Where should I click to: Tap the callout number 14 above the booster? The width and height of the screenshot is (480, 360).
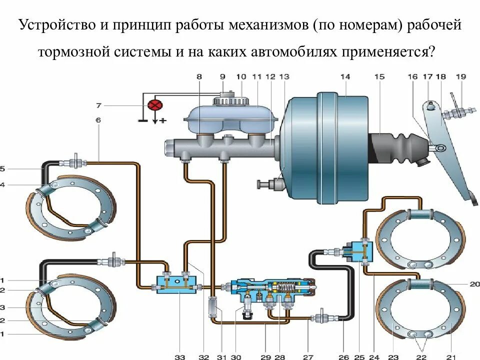pyautogui.click(x=345, y=76)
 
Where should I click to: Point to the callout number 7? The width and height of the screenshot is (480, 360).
pyautogui.click(x=98, y=105)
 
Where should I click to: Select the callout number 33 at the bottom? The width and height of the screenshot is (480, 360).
pyautogui.click(x=179, y=357)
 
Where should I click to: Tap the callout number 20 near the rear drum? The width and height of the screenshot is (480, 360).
pyautogui.click(x=474, y=283)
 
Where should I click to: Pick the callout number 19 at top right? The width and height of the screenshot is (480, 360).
pyautogui.click(x=460, y=76)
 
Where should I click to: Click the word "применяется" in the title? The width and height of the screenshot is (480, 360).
pyautogui.click(x=387, y=51)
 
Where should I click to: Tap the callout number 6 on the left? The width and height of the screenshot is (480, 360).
pyautogui.click(x=98, y=120)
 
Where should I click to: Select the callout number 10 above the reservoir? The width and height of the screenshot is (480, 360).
pyautogui.click(x=241, y=76)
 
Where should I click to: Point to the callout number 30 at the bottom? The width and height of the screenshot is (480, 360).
pyautogui.click(x=236, y=357)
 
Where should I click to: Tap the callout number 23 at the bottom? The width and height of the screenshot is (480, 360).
pyautogui.click(x=393, y=357)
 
